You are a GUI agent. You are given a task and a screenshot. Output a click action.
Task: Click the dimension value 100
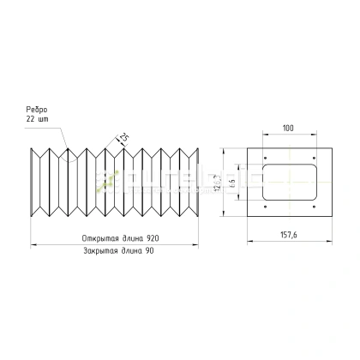tap(287, 128)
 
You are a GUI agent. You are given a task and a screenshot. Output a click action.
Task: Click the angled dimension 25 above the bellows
tap(124, 138)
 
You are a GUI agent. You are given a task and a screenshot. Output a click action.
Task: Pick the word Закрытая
tap(102, 252)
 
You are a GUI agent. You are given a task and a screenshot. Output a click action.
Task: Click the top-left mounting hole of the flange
tap(266, 157)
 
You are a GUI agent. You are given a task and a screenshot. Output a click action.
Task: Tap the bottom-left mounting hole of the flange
tap(266, 207)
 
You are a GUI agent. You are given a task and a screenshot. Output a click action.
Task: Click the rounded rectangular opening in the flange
tap(288, 182)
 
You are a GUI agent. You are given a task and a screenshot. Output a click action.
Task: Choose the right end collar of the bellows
tap(199, 182)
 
